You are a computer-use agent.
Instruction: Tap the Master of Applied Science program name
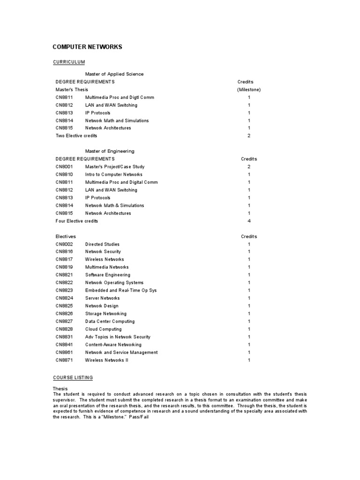point(114,74)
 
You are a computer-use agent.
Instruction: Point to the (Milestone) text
point(249,90)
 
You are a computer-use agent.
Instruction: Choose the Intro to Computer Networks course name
point(113,174)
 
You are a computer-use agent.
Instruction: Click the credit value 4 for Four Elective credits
point(249,221)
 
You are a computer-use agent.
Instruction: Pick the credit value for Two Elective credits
point(249,136)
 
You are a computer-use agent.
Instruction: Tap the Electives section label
point(66,237)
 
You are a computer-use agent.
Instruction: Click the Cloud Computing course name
point(103,329)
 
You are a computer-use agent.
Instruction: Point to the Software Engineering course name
point(108,275)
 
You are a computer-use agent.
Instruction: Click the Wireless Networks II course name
point(106,360)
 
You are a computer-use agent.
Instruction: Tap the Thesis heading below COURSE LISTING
point(60,389)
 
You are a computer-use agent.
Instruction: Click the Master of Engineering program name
point(109,151)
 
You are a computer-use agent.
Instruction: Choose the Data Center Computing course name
point(110,321)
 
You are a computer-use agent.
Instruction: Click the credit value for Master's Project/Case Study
point(249,167)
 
